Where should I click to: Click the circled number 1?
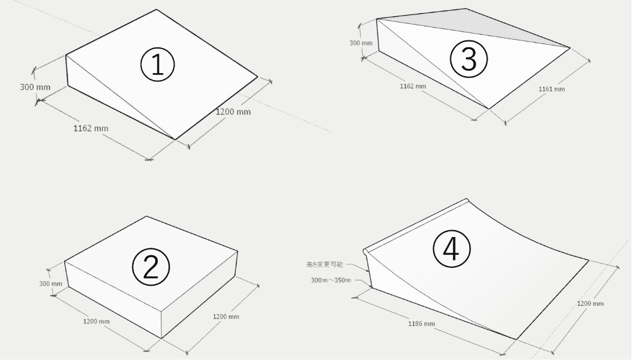(x=156, y=65)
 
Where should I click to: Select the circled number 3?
(x=468, y=59)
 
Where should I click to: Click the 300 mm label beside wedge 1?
(x=35, y=86)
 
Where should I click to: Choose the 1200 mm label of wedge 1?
(x=233, y=112)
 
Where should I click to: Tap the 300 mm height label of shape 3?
(x=361, y=43)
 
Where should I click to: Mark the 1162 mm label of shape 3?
(x=413, y=86)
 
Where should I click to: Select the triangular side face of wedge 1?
(x=95, y=88)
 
